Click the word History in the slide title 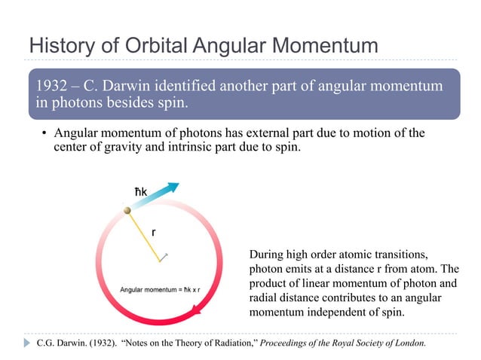tap(57, 45)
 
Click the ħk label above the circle tap(134, 194)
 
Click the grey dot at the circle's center tap(160, 261)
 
